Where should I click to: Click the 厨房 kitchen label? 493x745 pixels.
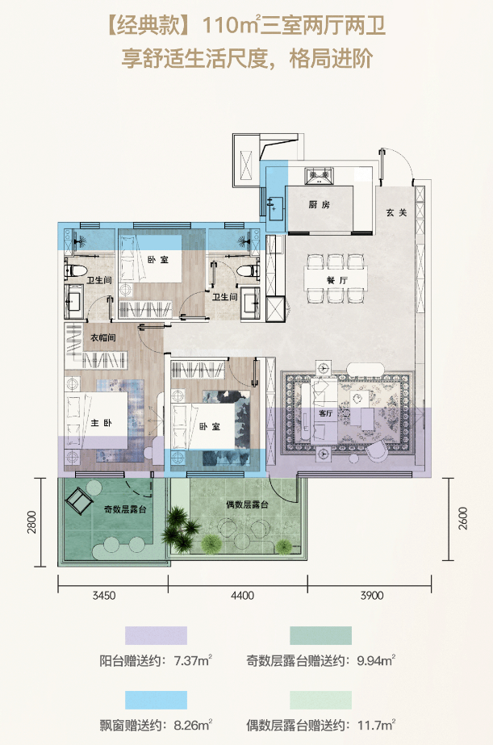pyautogui.click(x=320, y=205)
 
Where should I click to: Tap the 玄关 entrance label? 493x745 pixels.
pyautogui.click(x=397, y=212)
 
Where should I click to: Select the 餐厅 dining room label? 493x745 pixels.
pyautogui.click(x=337, y=280)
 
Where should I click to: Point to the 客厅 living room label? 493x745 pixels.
pyautogui.click(x=326, y=413)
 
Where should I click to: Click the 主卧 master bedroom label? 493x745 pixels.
pyautogui.click(x=101, y=422)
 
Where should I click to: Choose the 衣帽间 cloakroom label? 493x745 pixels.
pyautogui.click(x=103, y=338)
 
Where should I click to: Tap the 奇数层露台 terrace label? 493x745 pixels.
pyautogui.click(x=125, y=509)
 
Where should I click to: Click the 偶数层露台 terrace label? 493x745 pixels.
pyautogui.click(x=247, y=504)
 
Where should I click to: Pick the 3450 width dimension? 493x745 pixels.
pyautogui.click(x=104, y=596)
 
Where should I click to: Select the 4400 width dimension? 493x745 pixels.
pyautogui.click(x=242, y=596)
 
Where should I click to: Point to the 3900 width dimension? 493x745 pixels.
pyautogui.click(x=372, y=596)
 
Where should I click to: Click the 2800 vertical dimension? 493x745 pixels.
pyautogui.click(x=31, y=521)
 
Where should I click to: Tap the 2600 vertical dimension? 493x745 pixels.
pyautogui.click(x=463, y=518)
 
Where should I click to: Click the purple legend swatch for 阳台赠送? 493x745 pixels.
pyautogui.click(x=156, y=635)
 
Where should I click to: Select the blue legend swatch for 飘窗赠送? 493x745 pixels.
pyautogui.click(x=156, y=700)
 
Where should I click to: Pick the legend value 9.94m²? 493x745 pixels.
pyautogui.click(x=376, y=660)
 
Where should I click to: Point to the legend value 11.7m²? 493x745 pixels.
pyautogui.click(x=377, y=725)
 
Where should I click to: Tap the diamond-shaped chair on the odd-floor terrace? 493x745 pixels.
pyautogui.click(x=79, y=500)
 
